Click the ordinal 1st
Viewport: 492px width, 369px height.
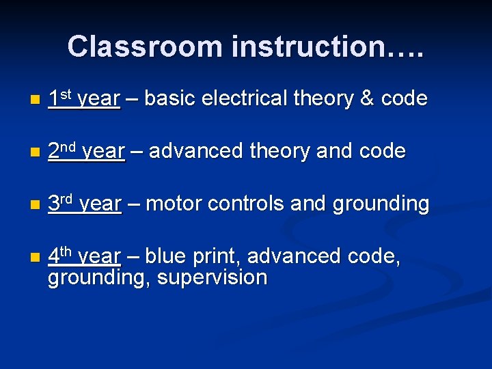pyautogui.click(x=59, y=98)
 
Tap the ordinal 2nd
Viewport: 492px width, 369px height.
pyautogui.click(x=62, y=150)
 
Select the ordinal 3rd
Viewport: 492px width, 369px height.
pyautogui.click(x=61, y=203)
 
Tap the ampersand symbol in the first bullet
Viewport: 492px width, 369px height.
pyautogui.click(x=366, y=99)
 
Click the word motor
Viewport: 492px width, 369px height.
pyautogui.click(x=174, y=204)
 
